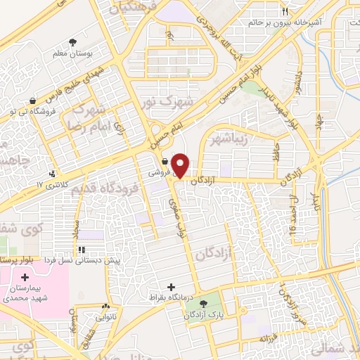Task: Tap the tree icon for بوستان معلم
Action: (x=72, y=43)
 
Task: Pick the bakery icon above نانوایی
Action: (x=105, y=307)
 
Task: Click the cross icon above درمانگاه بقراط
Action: (x=171, y=286)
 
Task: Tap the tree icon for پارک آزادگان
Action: (x=204, y=304)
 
